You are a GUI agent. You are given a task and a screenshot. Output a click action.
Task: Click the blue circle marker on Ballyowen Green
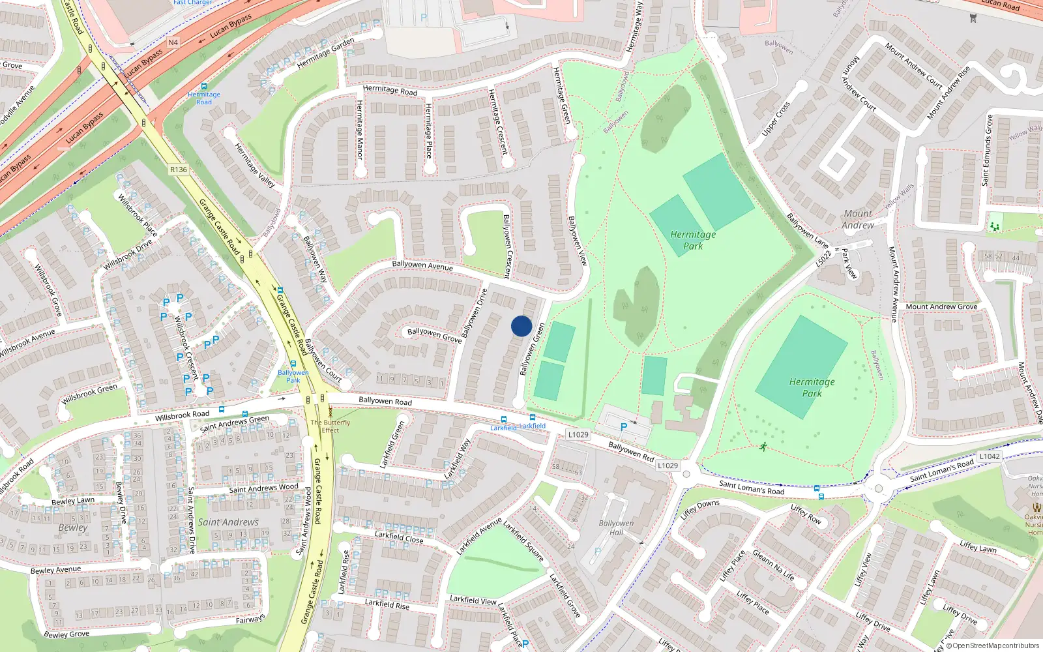(521, 326)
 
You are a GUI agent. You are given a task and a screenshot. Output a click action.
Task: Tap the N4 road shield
(173, 42)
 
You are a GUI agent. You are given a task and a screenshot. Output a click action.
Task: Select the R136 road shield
(178, 170)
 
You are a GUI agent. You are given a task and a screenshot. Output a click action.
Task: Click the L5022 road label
(824, 258)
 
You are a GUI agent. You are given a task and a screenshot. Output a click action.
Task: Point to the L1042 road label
(989, 456)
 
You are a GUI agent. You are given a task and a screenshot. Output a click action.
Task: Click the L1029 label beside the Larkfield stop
(578, 434)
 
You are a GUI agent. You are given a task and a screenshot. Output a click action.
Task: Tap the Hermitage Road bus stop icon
(204, 86)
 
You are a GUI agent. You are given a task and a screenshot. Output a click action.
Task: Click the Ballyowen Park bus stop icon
(293, 364)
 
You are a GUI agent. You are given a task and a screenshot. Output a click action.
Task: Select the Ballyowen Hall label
(616, 527)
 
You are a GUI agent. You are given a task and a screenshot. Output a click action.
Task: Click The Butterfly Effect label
(331, 426)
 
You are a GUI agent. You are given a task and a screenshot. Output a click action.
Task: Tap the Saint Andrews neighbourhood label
(228, 522)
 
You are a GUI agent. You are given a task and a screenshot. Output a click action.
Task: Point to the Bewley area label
(73, 527)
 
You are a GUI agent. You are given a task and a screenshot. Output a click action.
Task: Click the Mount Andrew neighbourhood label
(858, 219)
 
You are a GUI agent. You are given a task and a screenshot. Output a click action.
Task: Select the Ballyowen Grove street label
(434, 335)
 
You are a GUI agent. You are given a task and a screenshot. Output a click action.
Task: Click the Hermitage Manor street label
(359, 130)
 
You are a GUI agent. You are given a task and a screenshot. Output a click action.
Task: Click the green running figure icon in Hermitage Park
(763, 447)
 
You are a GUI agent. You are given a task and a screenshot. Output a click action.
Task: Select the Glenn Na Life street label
(774, 565)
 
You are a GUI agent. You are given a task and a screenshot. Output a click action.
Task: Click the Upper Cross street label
(776, 119)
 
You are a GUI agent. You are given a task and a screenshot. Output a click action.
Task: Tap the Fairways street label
(250, 619)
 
